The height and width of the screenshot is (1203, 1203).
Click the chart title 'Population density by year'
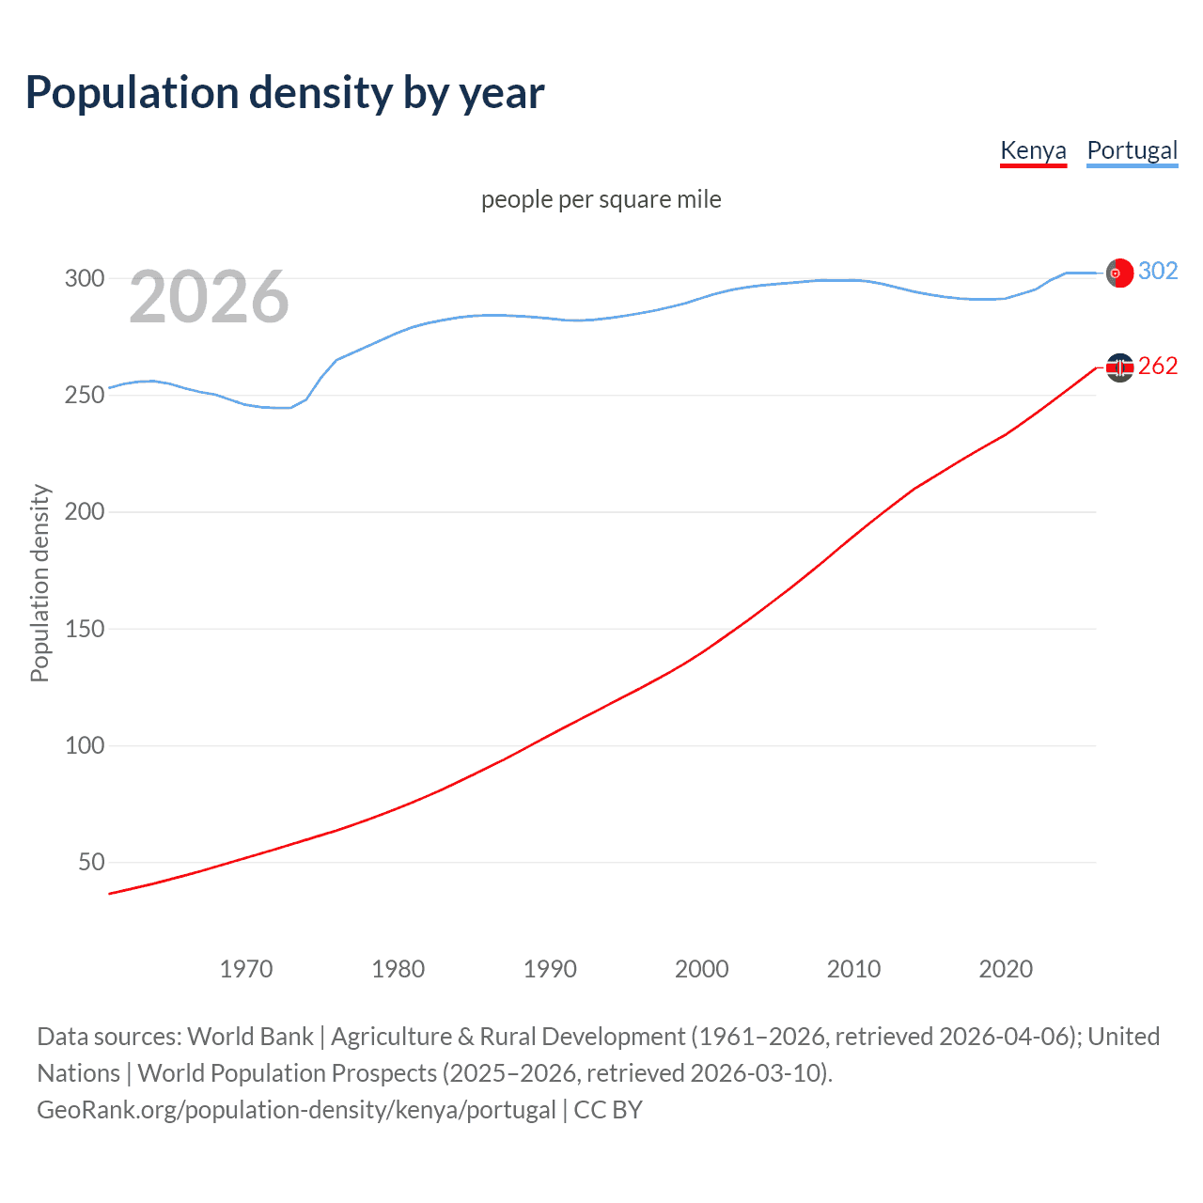(x=284, y=93)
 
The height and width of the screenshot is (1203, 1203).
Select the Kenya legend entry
(x=1033, y=150)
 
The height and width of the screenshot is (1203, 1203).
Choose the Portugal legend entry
(x=1132, y=150)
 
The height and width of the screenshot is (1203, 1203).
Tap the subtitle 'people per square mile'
(x=601, y=199)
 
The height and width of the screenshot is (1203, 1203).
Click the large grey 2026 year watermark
(x=209, y=297)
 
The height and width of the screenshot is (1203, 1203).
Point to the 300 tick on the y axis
(x=84, y=278)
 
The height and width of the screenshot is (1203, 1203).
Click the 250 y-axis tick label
(x=84, y=395)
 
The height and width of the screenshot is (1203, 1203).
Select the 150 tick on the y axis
(x=84, y=629)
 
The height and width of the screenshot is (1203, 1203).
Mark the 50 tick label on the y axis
(x=91, y=862)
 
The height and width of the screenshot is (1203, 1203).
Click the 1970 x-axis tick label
(x=246, y=969)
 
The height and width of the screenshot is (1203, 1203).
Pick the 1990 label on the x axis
(x=550, y=969)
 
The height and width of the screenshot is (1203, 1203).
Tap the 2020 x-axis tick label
(x=1006, y=969)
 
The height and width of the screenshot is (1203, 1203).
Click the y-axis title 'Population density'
(x=39, y=583)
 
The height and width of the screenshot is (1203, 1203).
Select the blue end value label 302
(x=1158, y=271)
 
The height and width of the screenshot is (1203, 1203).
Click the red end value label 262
(x=1158, y=366)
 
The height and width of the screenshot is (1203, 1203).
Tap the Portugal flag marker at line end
(x=1119, y=273)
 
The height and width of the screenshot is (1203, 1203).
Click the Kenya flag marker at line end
(x=1119, y=367)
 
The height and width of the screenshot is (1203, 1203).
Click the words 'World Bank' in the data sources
(x=250, y=1037)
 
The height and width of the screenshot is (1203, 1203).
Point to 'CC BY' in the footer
(x=608, y=1110)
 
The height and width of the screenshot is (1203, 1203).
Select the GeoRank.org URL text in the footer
(x=296, y=1110)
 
